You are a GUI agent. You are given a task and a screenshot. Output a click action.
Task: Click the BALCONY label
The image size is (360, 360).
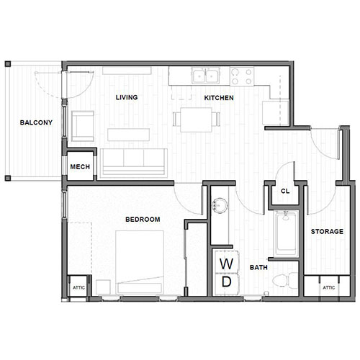[x=35, y=122]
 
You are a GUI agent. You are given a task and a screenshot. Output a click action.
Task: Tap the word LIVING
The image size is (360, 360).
[x=126, y=97]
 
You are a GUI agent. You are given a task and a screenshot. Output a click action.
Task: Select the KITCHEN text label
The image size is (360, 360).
[x=219, y=97]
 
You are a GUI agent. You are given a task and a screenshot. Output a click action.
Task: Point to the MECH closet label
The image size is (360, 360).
[x=79, y=168]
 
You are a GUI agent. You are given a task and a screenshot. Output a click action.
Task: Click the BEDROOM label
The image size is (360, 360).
[x=143, y=220]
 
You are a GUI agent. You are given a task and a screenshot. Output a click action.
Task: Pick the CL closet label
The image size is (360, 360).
[x=285, y=192]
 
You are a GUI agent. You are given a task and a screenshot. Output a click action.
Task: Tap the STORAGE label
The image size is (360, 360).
[x=326, y=232]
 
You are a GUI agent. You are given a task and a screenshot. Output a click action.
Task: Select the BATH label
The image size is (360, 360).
[x=259, y=268]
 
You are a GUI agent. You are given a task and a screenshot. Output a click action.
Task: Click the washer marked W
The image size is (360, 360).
[x=226, y=262]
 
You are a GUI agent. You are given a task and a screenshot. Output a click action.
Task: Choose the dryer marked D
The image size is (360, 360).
[x=226, y=283]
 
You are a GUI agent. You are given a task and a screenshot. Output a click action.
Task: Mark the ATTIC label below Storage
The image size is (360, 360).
[x=328, y=287]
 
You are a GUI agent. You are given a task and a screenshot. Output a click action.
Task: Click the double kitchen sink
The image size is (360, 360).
[x=204, y=75]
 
